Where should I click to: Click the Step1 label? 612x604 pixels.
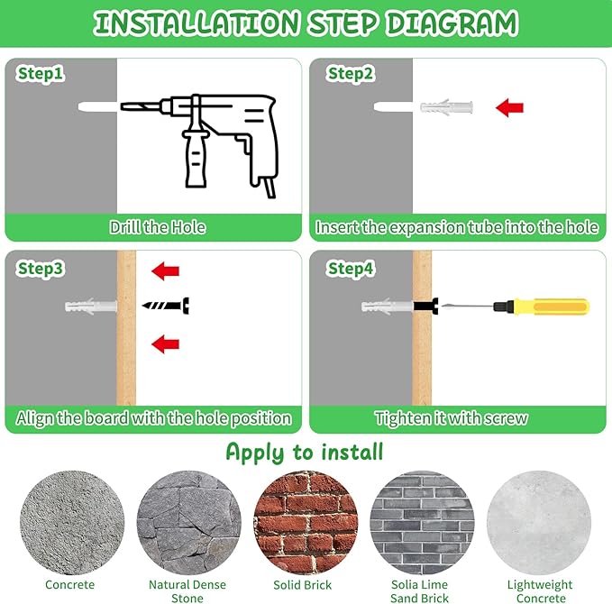[41, 74]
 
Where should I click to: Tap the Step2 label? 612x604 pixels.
[351, 74]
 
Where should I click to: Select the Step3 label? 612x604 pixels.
[41, 269]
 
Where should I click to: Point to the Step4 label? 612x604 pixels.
[351, 269]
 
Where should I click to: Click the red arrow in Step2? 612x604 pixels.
[509, 107]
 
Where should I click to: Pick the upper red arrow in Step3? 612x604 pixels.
[165, 271]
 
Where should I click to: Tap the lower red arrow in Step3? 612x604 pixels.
[165, 344]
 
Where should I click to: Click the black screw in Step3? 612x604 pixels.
[166, 306]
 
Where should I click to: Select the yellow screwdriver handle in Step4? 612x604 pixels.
[553, 307]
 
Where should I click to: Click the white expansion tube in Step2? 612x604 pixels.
[446, 107]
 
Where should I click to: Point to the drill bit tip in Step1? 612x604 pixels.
[122, 106]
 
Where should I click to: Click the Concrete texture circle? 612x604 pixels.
[72, 522]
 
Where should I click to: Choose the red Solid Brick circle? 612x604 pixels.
[306, 522]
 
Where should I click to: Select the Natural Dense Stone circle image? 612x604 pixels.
[189, 522]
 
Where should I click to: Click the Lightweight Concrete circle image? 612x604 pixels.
[539, 522]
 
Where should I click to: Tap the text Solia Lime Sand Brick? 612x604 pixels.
[420, 591]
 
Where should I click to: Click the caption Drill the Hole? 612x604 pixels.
[158, 227]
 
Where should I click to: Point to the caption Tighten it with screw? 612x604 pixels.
[451, 418]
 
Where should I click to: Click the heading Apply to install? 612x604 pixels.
[305, 453]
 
